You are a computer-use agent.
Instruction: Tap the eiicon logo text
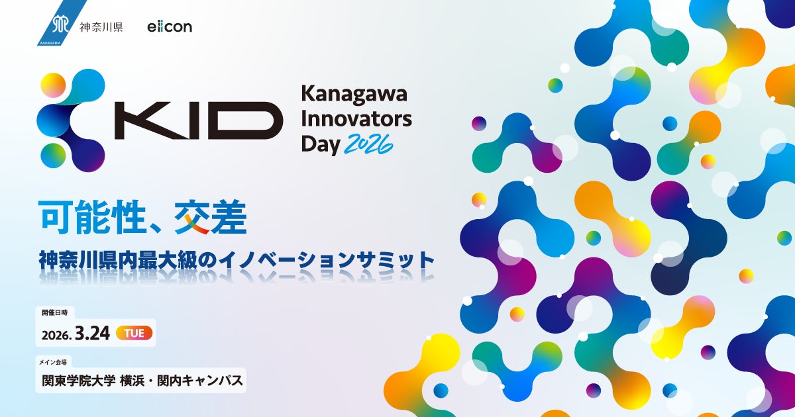click(x=170, y=27)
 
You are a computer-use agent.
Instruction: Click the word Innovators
click(x=356, y=120)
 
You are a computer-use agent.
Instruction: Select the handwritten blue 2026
click(x=368, y=144)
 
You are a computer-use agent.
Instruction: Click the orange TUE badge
click(x=134, y=334)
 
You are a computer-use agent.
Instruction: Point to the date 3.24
click(x=92, y=334)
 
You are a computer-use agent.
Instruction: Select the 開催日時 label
click(x=54, y=311)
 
